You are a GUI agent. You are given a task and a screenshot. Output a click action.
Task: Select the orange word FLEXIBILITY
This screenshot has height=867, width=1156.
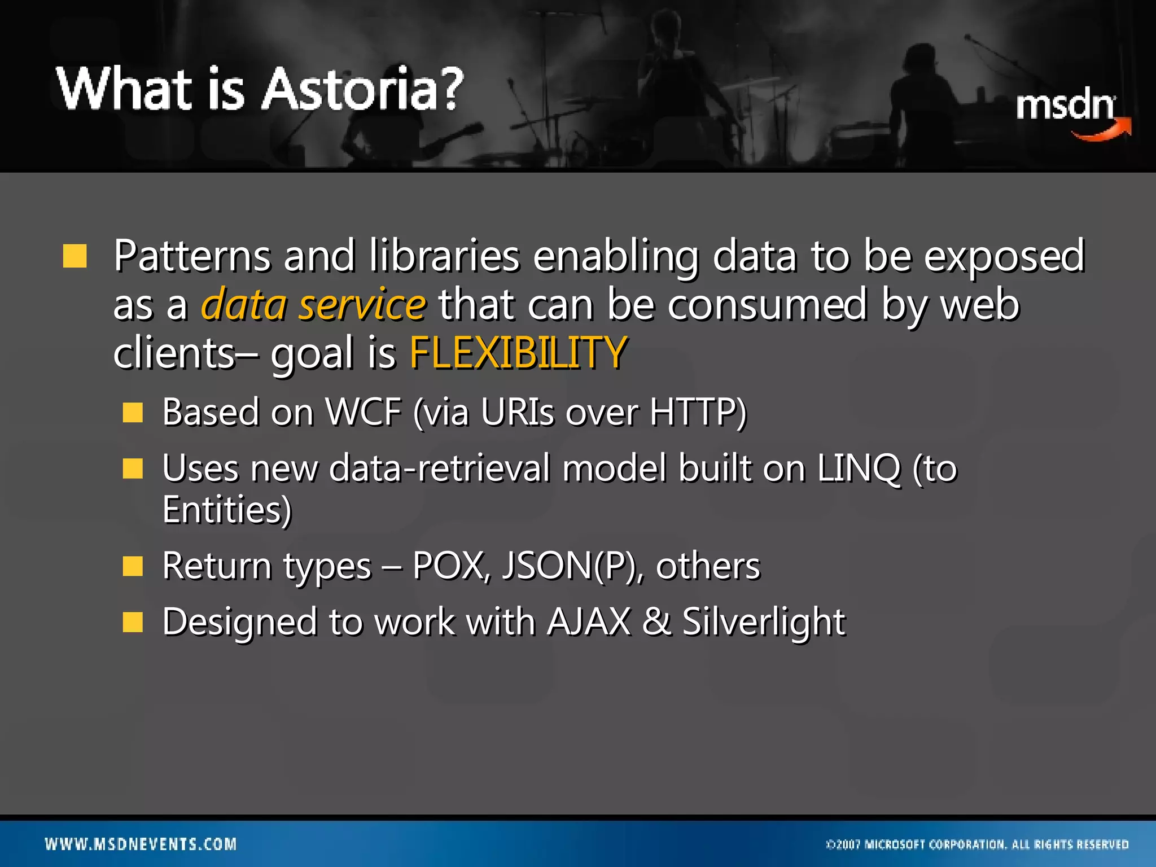[518, 353]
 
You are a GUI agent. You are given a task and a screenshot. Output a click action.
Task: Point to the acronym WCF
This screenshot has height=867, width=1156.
[364, 412]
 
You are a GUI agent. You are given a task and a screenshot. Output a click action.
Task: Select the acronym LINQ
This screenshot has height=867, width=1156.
[858, 468]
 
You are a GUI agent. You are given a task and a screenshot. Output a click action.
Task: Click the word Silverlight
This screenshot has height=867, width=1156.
[763, 622]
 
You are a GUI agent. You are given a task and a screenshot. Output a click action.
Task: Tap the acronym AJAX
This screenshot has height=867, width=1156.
[589, 622]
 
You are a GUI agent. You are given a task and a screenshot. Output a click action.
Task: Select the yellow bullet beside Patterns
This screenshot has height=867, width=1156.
[75, 256]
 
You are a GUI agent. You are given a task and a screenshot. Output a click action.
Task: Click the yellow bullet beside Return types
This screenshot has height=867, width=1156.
[133, 566]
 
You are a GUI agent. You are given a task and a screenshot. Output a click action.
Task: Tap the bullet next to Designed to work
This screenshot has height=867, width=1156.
[133, 622]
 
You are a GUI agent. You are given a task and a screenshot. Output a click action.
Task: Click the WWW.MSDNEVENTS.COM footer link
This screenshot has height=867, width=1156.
[141, 844]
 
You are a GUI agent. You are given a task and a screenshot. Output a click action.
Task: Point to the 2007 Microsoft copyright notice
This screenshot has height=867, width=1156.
[977, 844]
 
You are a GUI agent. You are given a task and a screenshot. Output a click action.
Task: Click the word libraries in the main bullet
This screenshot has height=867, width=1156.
[444, 256]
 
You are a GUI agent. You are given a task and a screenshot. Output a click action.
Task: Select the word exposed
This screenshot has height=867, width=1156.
[1004, 256]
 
